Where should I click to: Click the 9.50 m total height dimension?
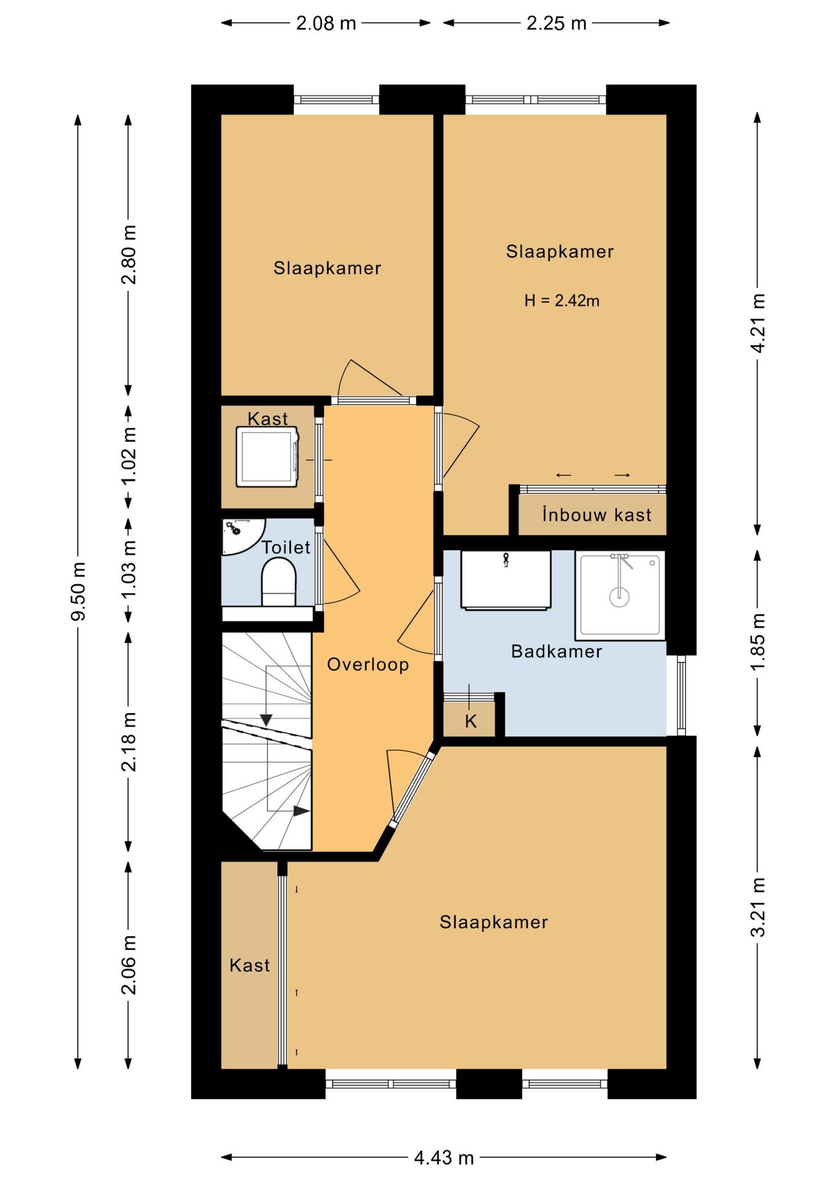click(79, 591)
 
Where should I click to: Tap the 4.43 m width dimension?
click(444, 1158)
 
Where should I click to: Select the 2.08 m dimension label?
click(326, 23)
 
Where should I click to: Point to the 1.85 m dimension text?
click(759, 642)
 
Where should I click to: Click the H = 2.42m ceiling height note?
click(562, 301)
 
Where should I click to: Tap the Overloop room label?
click(368, 664)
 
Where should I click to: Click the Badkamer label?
click(556, 651)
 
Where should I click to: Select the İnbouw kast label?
click(596, 514)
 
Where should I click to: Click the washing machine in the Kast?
click(267, 457)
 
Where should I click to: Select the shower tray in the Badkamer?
click(620, 595)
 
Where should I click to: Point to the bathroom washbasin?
click(505, 580)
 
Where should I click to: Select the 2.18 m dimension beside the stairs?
click(129, 742)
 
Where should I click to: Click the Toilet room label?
click(286, 547)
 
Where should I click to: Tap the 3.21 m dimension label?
click(759, 907)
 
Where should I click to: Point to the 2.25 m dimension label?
click(556, 23)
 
